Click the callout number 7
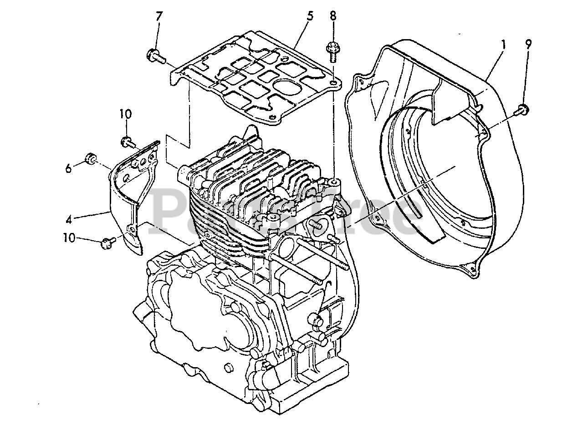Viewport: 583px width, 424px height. point(159,17)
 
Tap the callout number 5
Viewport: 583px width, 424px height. point(310,17)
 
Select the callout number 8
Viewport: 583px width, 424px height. point(333,16)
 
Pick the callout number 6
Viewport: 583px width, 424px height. point(68,168)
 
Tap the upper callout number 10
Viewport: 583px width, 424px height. point(126,114)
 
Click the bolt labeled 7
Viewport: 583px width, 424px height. point(154,56)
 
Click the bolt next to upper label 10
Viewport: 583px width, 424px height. point(128,142)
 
